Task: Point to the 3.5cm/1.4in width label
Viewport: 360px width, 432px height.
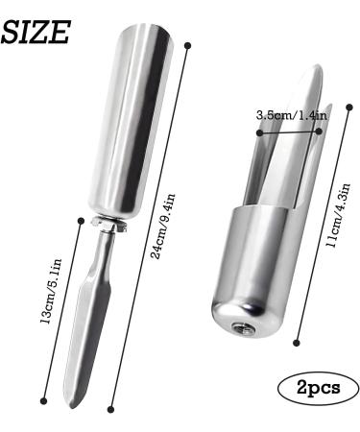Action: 290,115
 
